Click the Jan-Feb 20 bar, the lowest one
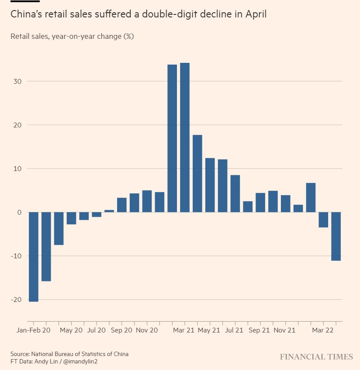[x=34, y=257]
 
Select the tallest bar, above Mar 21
[x=185, y=137]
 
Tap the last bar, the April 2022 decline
[x=336, y=236]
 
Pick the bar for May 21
[x=210, y=185]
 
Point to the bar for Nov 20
[x=147, y=201]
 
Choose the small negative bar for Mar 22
[x=323, y=219]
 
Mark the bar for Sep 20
[x=122, y=205]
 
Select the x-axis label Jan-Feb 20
[x=34, y=331]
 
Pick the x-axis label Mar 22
[x=323, y=331]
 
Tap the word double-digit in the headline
[x=172, y=14]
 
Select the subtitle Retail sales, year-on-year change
[x=72, y=36]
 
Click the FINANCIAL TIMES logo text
[x=316, y=357]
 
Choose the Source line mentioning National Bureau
[x=69, y=354]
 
